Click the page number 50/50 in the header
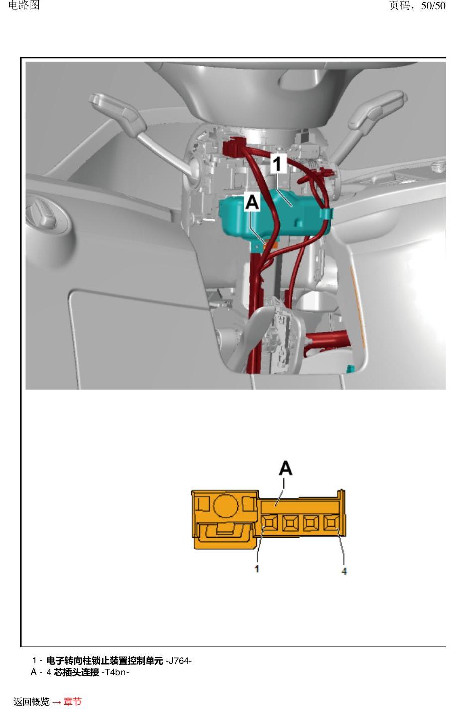click(x=433, y=6)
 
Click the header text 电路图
click(x=24, y=5)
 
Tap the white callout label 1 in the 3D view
click(x=278, y=163)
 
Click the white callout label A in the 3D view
click(x=252, y=202)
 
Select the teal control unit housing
click(x=275, y=214)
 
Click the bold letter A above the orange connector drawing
click(x=286, y=468)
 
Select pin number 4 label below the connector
click(x=344, y=571)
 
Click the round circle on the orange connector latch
click(x=225, y=506)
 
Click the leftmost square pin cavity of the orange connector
click(x=271, y=523)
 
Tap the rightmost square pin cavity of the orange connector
click(x=331, y=523)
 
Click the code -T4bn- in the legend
click(x=115, y=672)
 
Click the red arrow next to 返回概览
click(x=56, y=702)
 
